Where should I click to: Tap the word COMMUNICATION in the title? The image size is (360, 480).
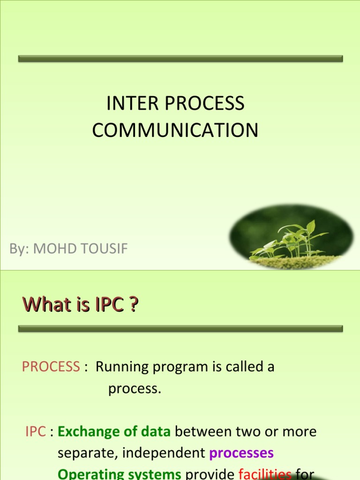(175, 130)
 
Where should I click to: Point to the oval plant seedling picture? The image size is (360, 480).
(291, 237)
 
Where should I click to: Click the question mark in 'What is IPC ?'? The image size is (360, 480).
(134, 305)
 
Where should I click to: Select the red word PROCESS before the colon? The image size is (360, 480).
(51, 367)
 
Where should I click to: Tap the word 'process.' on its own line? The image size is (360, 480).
(135, 389)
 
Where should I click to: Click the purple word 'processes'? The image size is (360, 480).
(241, 454)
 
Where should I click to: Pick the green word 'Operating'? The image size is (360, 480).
(86, 474)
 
